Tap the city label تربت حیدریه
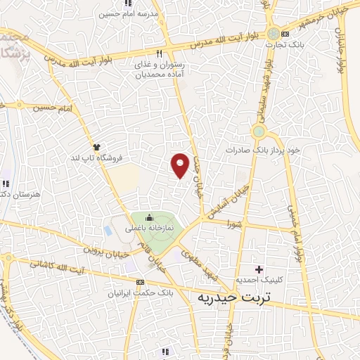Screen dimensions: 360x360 pyautogui.click(x=221, y=298)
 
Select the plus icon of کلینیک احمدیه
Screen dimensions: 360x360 pyautogui.click(x=259, y=269)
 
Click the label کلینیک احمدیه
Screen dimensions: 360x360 pyautogui.click(x=259, y=280)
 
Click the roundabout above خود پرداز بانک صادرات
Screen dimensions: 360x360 pyautogui.click(x=259, y=131)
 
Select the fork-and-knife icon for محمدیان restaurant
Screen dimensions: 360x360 pyautogui.click(x=160, y=53)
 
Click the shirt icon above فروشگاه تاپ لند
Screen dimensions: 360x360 pyautogui.click(x=96, y=146)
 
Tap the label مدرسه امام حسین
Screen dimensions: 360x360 pyautogui.click(x=127, y=13)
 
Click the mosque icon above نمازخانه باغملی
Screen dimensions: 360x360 pyautogui.click(x=148, y=219)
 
